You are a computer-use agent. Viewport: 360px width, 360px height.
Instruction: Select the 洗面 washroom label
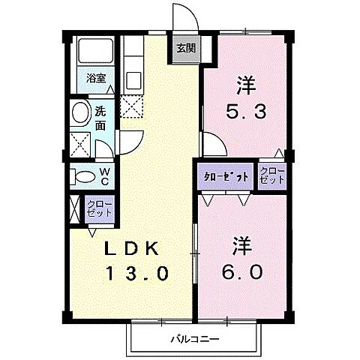coord(100,118)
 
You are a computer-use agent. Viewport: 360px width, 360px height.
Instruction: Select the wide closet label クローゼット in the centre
coord(226,177)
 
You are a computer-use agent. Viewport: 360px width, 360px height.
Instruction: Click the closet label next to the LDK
coord(98,208)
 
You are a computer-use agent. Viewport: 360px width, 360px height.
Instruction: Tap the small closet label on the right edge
coord(271,177)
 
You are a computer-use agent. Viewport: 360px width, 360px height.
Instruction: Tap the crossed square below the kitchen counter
coord(131,106)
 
